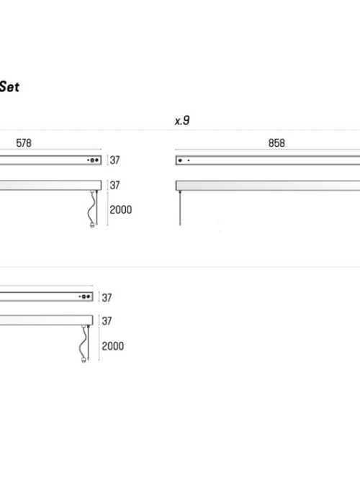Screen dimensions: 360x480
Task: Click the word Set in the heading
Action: (9, 87)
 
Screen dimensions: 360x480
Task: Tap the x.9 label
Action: (182, 121)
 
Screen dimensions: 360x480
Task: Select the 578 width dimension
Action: (24, 143)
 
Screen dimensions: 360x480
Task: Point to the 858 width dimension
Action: (276, 143)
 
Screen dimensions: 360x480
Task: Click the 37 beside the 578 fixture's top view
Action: (114, 160)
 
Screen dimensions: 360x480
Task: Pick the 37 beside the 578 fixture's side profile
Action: (114, 185)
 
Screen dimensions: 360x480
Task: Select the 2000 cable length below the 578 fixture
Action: (121, 209)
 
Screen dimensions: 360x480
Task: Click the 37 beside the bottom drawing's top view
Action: (107, 297)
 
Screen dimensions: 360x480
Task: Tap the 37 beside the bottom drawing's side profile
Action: (107, 321)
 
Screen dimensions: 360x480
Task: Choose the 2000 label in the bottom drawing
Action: (113, 346)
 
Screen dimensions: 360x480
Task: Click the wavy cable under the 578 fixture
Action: (91, 208)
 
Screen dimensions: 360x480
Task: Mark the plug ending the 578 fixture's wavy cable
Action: (92, 226)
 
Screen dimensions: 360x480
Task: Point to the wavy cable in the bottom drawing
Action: (83, 343)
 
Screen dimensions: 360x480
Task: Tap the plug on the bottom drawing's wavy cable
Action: (84, 361)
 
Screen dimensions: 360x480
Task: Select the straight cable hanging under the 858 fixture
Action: (180, 208)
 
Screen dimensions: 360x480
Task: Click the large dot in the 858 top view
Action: (180, 160)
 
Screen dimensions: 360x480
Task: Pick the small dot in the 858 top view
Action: (189, 160)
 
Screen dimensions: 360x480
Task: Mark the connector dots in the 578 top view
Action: (93, 160)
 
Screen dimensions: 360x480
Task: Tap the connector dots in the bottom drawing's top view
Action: (85, 296)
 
